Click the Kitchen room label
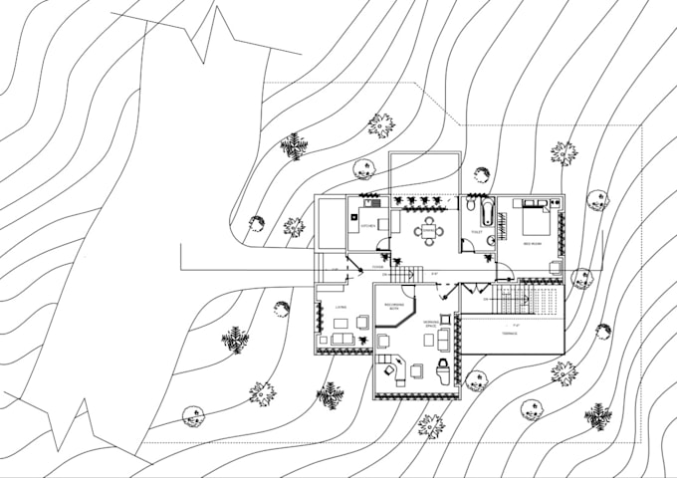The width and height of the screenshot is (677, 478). (x=367, y=227)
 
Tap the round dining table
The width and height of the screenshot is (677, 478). (x=429, y=230)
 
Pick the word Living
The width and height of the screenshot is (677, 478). (x=340, y=307)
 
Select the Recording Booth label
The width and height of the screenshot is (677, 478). (x=393, y=308)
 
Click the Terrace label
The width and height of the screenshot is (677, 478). (x=509, y=334)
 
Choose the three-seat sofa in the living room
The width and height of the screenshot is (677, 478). (x=341, y=340)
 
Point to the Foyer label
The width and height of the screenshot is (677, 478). (x=378, y=267)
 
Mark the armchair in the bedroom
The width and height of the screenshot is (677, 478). (x=555, y=267)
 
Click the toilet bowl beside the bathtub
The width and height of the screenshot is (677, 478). (x=468, y=206)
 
